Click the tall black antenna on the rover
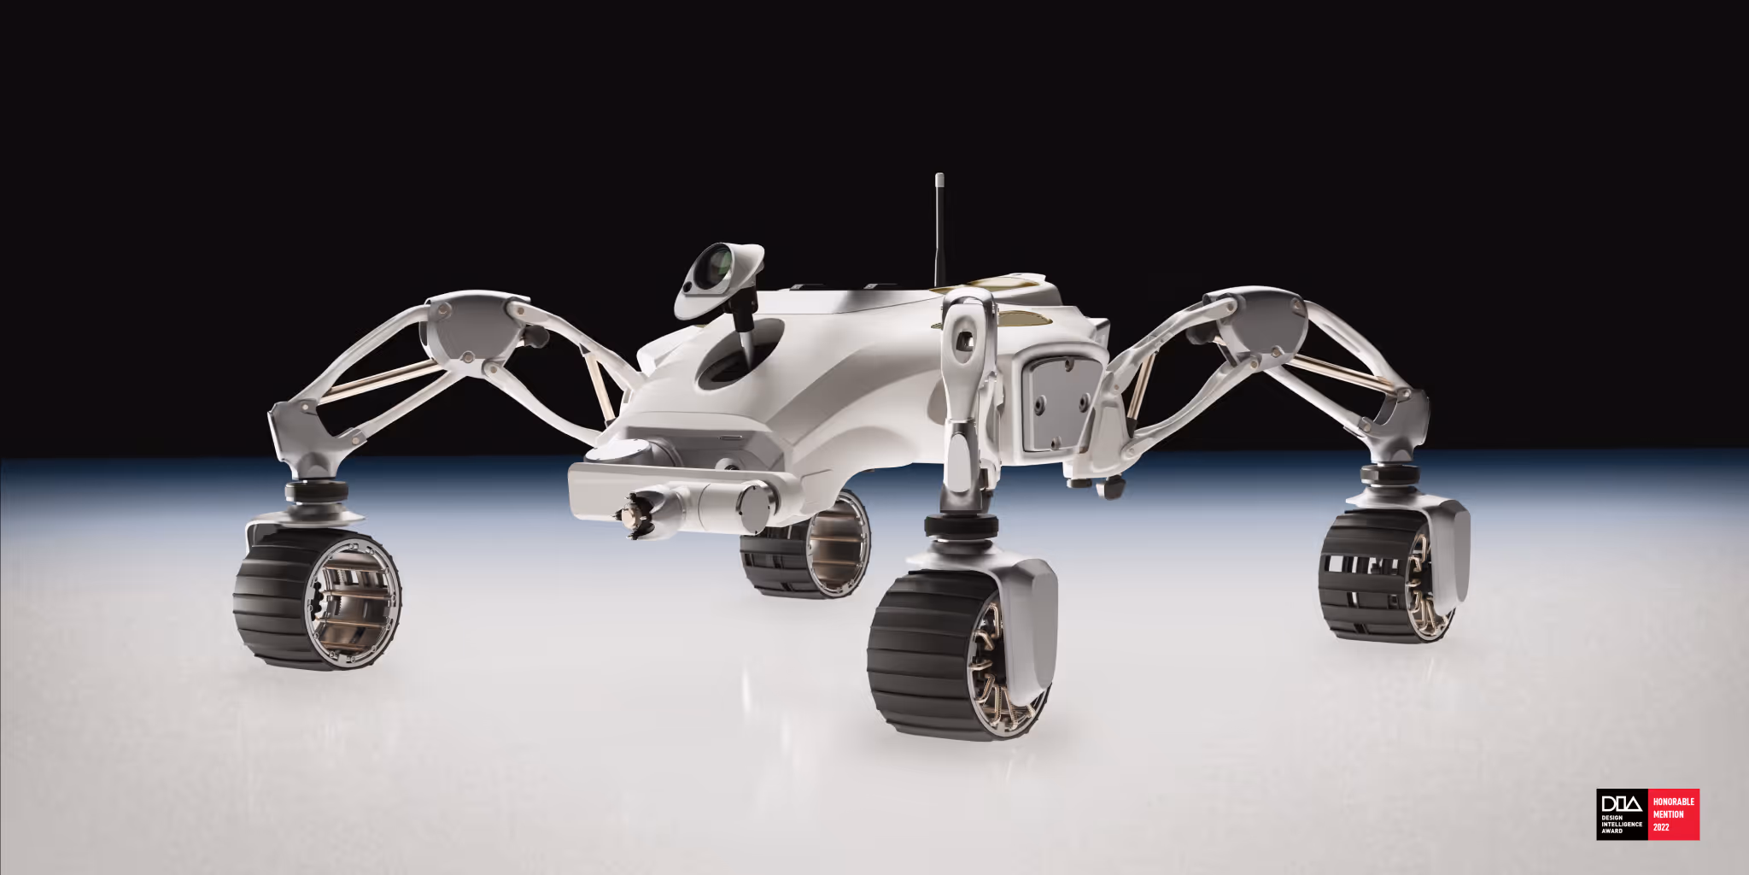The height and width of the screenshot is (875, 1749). pos(939,231)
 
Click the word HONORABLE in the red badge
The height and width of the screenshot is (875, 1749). pos(1673,802)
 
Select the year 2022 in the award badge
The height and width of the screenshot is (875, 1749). pos(1661,827)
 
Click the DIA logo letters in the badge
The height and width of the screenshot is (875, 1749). pos(1621,805)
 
